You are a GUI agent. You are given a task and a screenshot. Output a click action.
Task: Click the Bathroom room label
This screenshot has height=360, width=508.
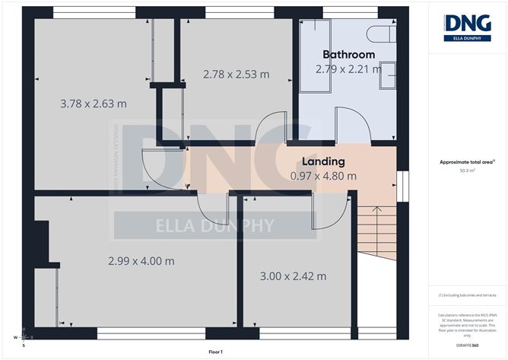pyautogui.click(x=349, y=55)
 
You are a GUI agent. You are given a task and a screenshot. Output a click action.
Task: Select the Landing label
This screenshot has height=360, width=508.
pyautogui.click(x=323, y=161)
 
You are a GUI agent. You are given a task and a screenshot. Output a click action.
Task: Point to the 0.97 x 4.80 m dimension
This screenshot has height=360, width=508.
pyautogui.click(x=323, y=176)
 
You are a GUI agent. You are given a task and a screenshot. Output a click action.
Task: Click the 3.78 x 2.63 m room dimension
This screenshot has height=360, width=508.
pyautogui.click(x=93, y=103)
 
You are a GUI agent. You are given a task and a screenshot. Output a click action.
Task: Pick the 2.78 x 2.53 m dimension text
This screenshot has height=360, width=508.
pyautogui.click(x=236, y=74)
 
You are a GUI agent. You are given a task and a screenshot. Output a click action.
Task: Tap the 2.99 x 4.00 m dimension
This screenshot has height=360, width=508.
pyautogui.click(x=141, y=260)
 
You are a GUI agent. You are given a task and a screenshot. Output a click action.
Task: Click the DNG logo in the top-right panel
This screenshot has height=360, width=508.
pyautogui.click(x=468, y=27)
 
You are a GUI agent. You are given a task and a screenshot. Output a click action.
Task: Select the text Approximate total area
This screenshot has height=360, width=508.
pyautogui.click(x=466, y=162)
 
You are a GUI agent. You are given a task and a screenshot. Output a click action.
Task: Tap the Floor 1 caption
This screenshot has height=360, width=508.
pyautogui.click(x=215, y=352)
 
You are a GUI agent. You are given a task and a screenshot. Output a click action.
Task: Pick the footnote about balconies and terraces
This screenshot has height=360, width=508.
pyautogui.click(x=468, y=295)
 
